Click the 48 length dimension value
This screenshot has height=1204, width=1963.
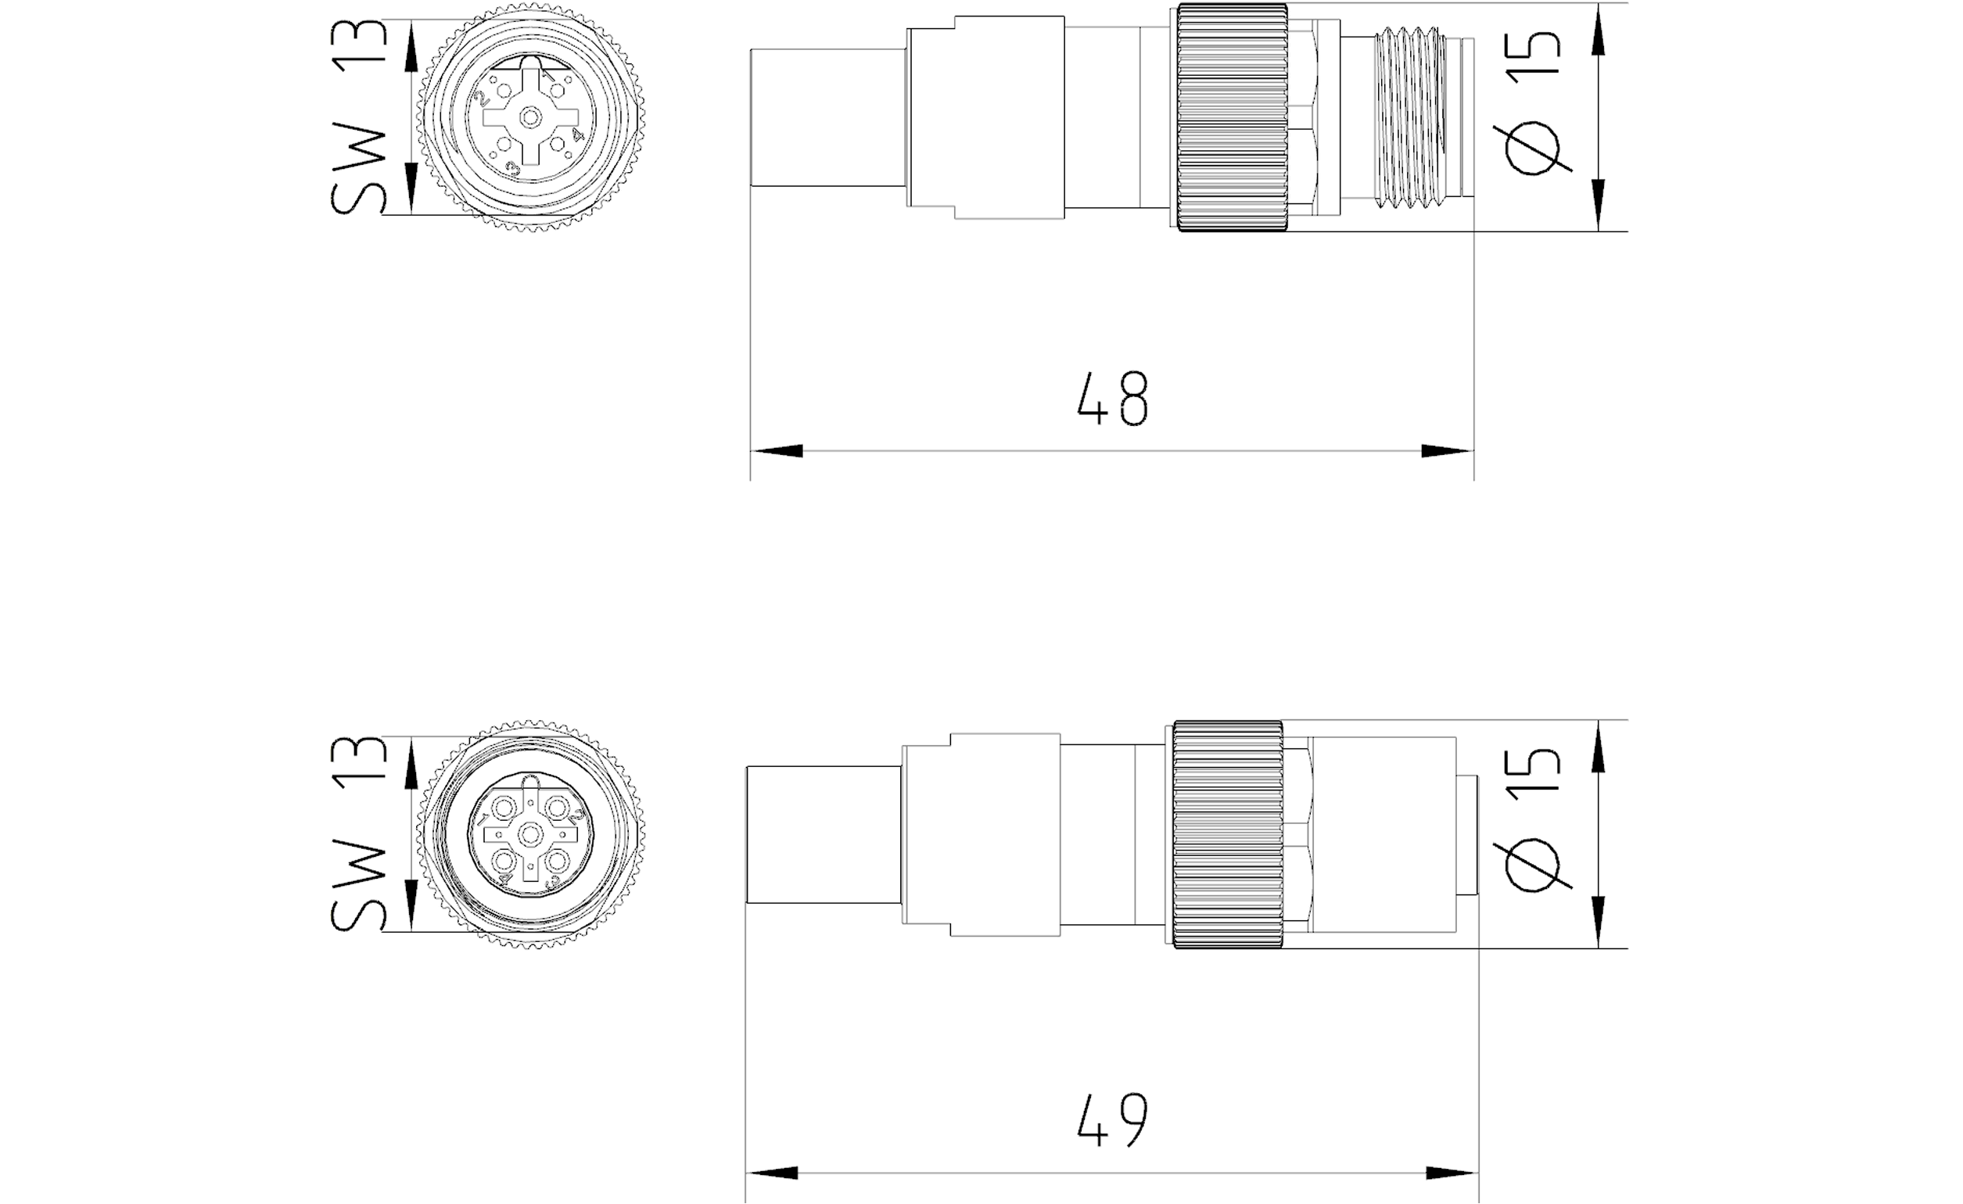(1112, 398)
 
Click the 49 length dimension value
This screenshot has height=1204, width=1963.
(1112, 1120)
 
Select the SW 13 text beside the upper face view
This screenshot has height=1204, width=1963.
(358, 117)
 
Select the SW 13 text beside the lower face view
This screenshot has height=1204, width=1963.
(358, 833)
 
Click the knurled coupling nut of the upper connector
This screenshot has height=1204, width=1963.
(1233, 118)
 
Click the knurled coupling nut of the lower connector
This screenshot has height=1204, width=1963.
(1228, 834)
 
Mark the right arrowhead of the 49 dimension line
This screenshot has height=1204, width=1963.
(1452, 1173)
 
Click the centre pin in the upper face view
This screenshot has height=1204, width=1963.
(529, 118)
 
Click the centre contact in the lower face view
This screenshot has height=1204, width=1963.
(529, 834)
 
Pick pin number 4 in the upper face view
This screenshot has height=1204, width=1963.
(558, 143)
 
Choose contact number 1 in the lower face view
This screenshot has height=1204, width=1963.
(504, 811)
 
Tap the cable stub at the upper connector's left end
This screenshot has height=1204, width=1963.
(828, 118)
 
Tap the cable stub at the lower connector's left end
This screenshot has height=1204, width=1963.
(824, 834)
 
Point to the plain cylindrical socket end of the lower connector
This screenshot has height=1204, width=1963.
(1384, 834)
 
